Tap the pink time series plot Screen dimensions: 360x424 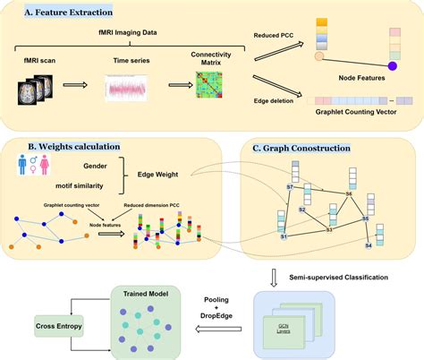(126, 90)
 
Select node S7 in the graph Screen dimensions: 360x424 (289, 186)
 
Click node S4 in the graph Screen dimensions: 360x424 (369, 244)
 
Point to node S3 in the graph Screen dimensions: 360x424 (328, 230)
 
